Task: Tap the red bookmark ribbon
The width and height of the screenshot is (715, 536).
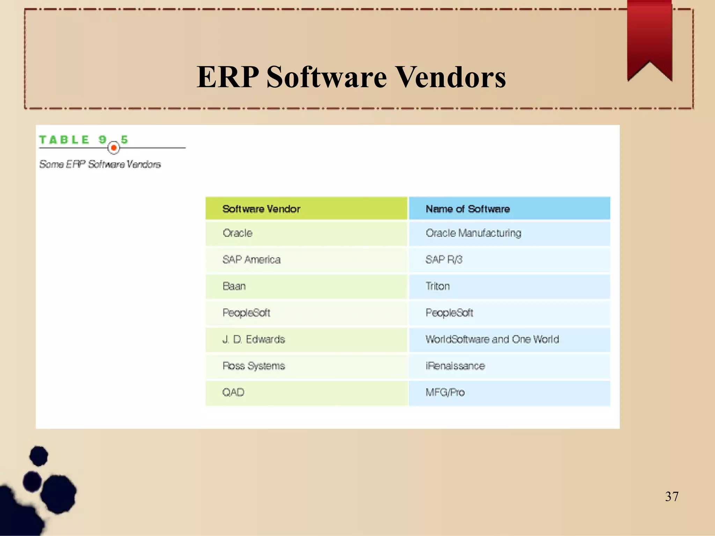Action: [649, 38]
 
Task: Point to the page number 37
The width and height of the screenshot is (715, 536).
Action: [672, 496]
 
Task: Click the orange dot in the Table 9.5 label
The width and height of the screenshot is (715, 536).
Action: [113, 148]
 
